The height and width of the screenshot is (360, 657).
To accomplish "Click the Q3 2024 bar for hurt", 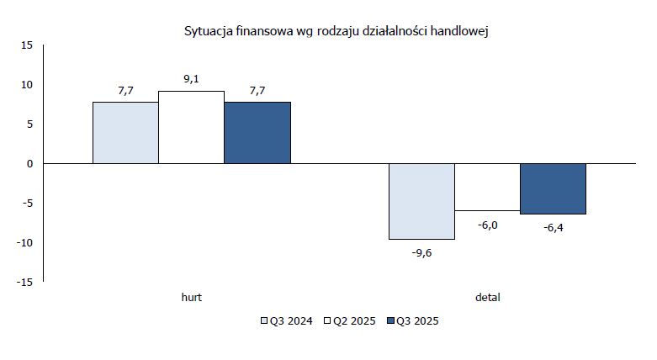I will (125, 132).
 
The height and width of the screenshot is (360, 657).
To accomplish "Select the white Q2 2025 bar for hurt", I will (191, 127).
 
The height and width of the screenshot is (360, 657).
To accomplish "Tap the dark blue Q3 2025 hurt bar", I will (257, 132).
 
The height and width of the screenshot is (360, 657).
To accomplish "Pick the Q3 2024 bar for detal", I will (421, 201).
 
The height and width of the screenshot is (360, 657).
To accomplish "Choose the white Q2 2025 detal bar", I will (487, 187).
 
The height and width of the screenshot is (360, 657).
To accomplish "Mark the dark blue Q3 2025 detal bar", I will (553, 188).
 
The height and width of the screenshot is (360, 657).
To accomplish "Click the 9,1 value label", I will (191, 80).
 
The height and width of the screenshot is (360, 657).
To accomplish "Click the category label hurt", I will (192, 297).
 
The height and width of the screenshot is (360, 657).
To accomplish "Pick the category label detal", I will (487, 297).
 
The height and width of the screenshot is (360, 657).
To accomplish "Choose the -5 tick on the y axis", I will (26, 203).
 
